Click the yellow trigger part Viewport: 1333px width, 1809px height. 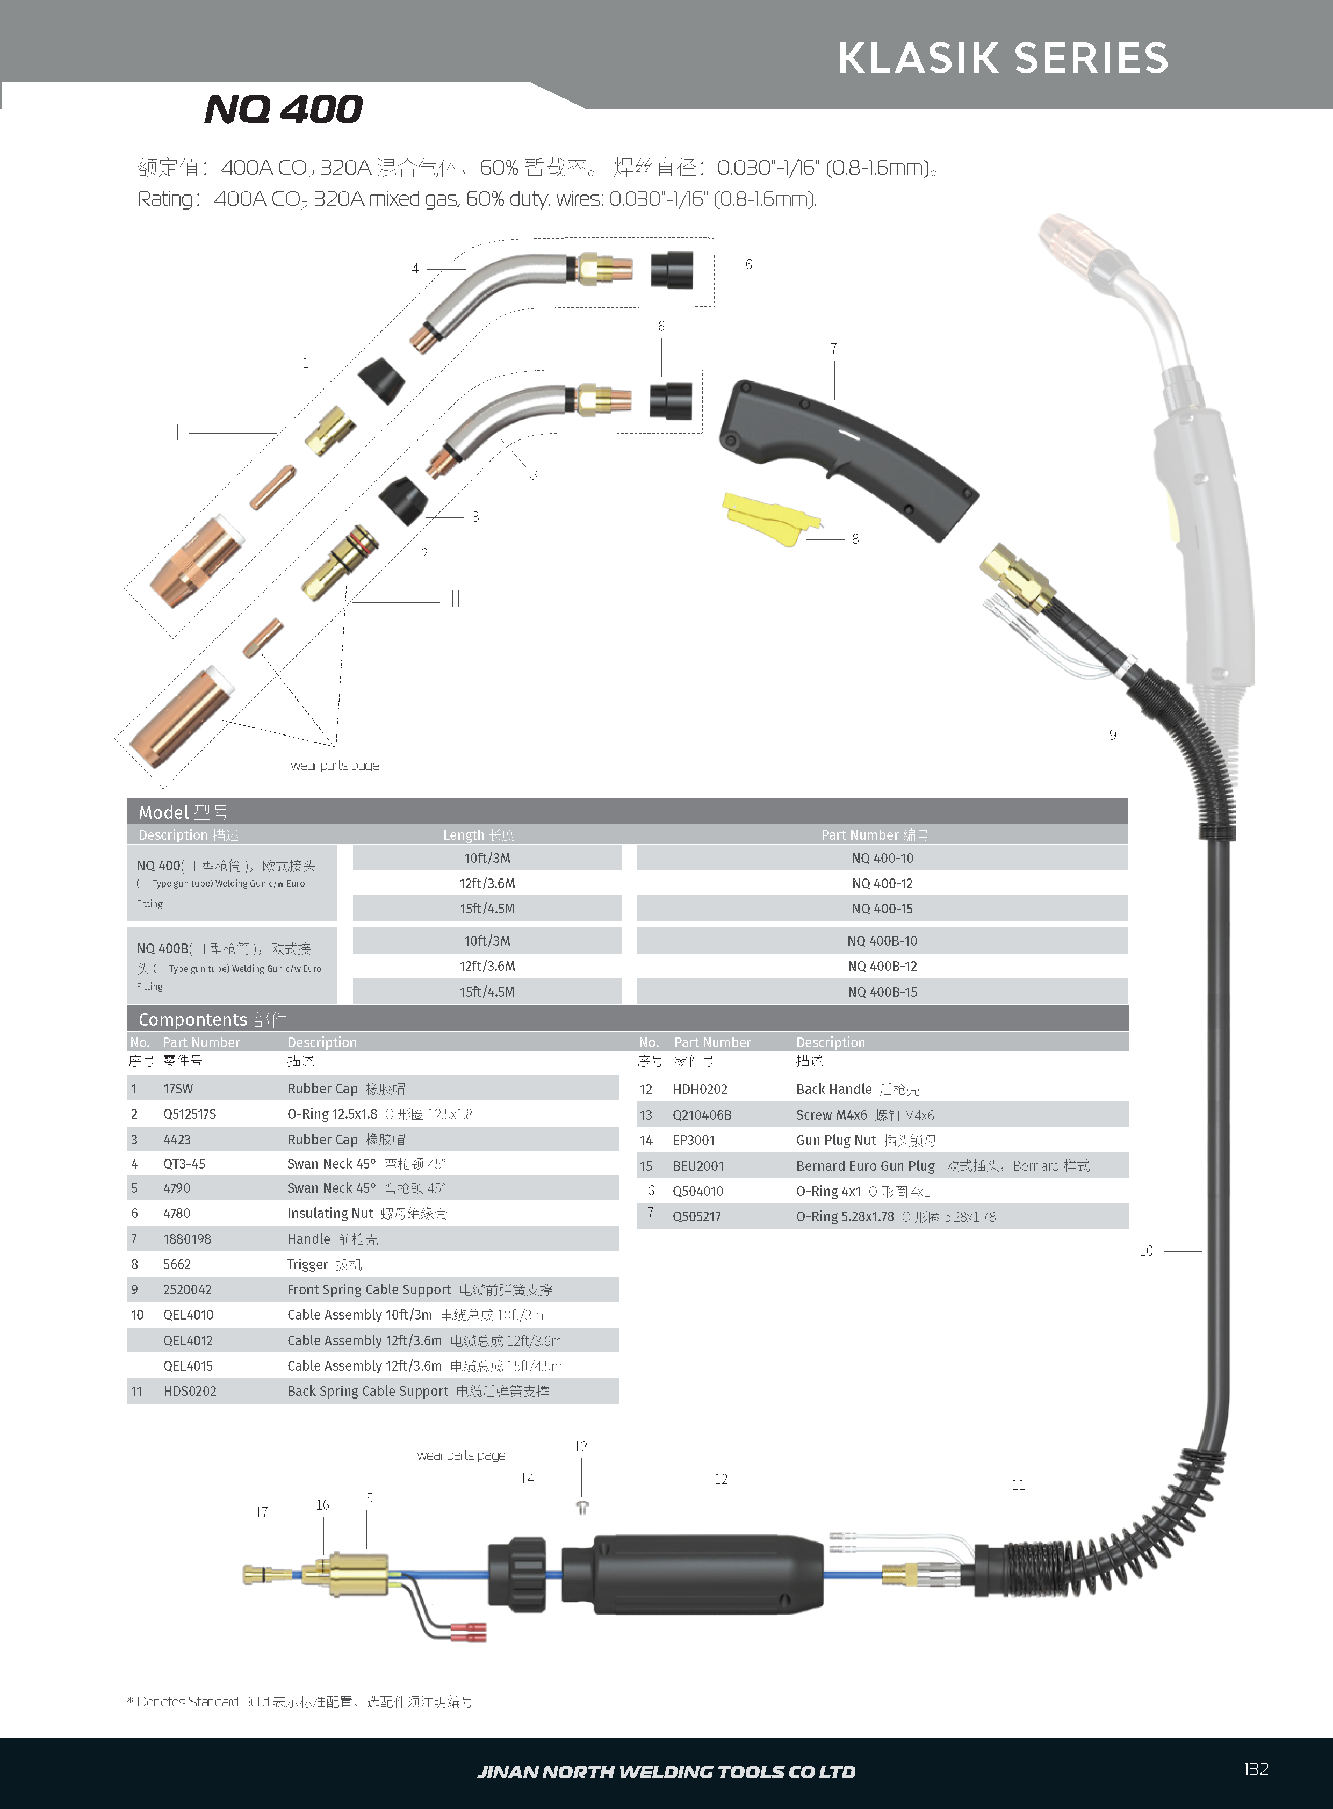[x=770, y=519]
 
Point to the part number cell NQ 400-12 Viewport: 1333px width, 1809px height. [x=882, y=883]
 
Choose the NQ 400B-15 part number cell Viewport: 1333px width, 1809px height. [x=882, y=992]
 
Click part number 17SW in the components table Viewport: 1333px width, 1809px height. [x=178, y=1089]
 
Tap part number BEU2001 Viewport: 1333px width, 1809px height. [x=698, y=1166]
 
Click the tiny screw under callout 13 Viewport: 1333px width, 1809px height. [x=582, y=1507]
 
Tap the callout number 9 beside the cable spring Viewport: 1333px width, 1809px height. [x=1113, y=735]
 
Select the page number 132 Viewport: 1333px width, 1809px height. [x=1256, y=1769]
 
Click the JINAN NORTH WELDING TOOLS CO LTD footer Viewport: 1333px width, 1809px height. [x=666, y=1772]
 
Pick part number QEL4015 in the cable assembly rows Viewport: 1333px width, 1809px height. [x=188, y=1366]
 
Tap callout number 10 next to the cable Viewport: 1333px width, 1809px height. [x=1146, y=1251]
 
